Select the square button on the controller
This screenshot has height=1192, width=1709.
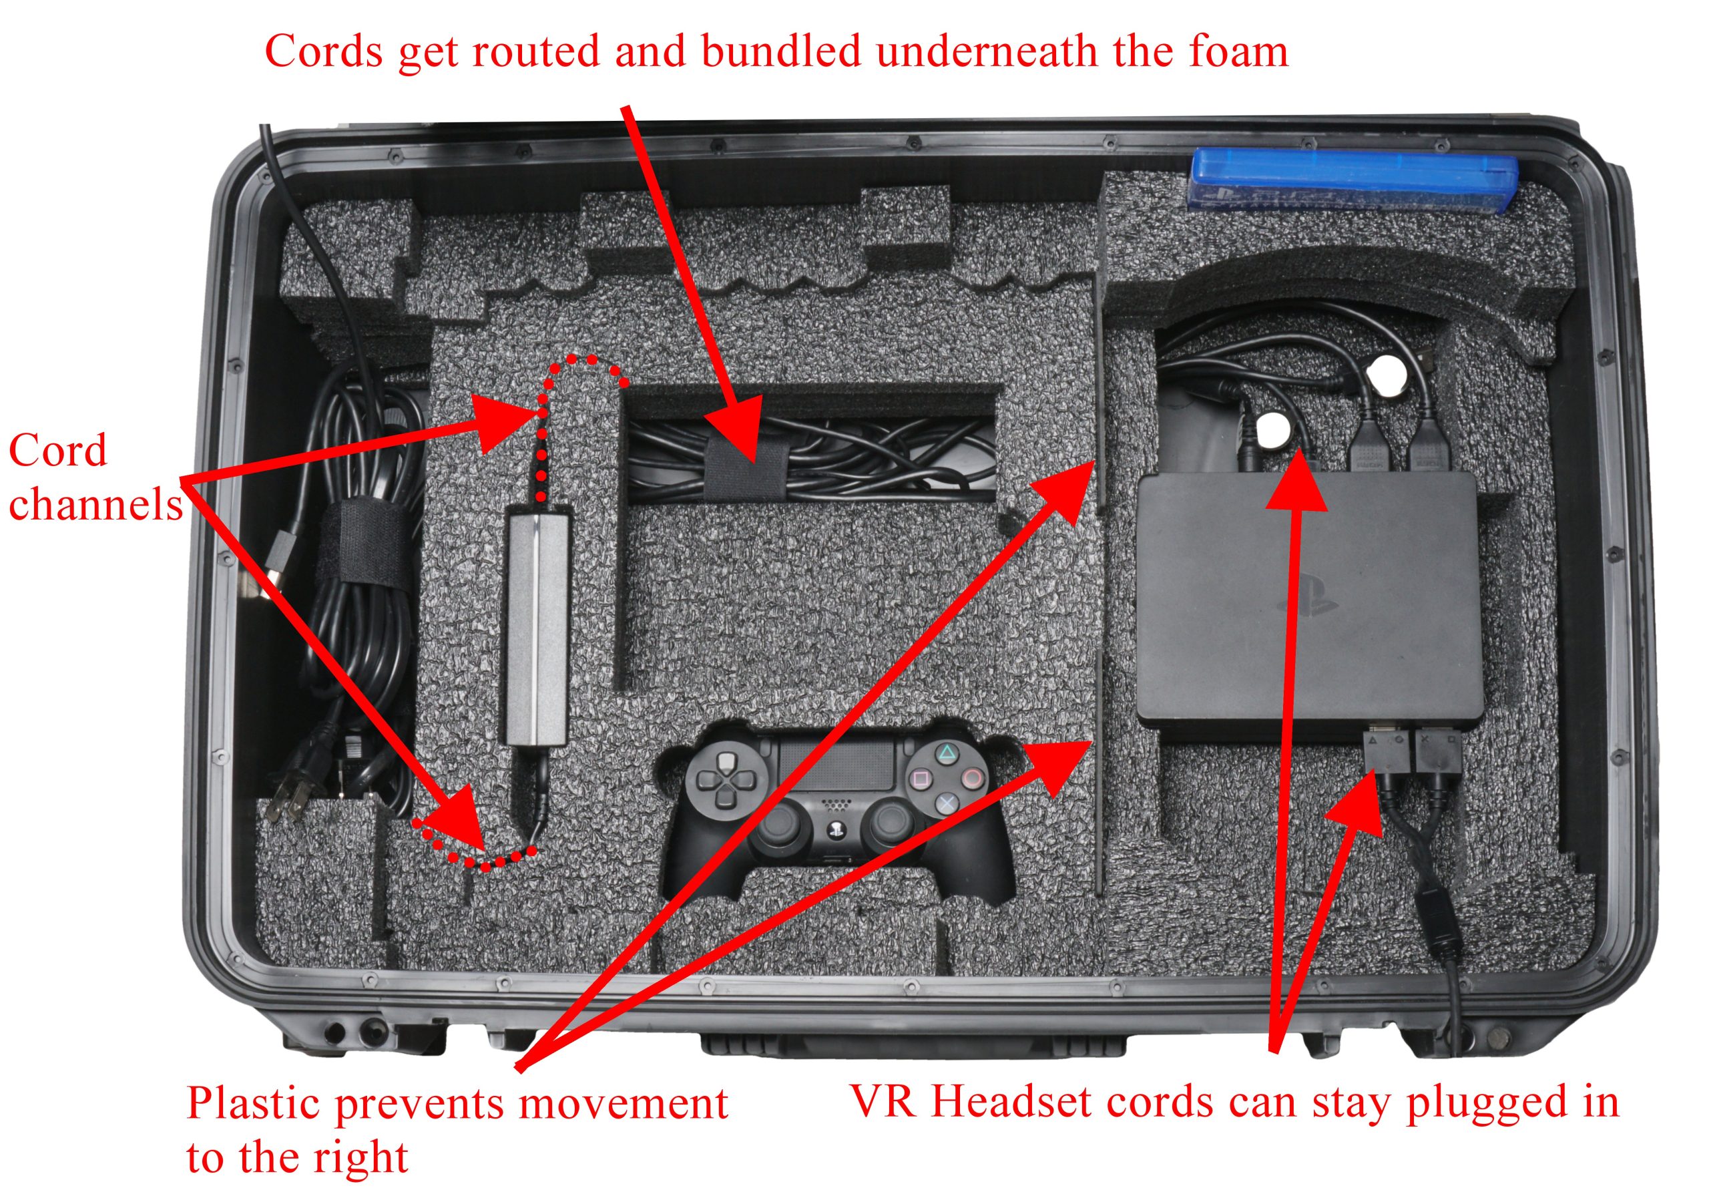[921, 778]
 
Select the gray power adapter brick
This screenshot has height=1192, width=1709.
[537, 627]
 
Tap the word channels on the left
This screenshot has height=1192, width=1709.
[95, 504]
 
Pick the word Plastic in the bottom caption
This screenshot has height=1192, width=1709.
[254, 1104]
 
